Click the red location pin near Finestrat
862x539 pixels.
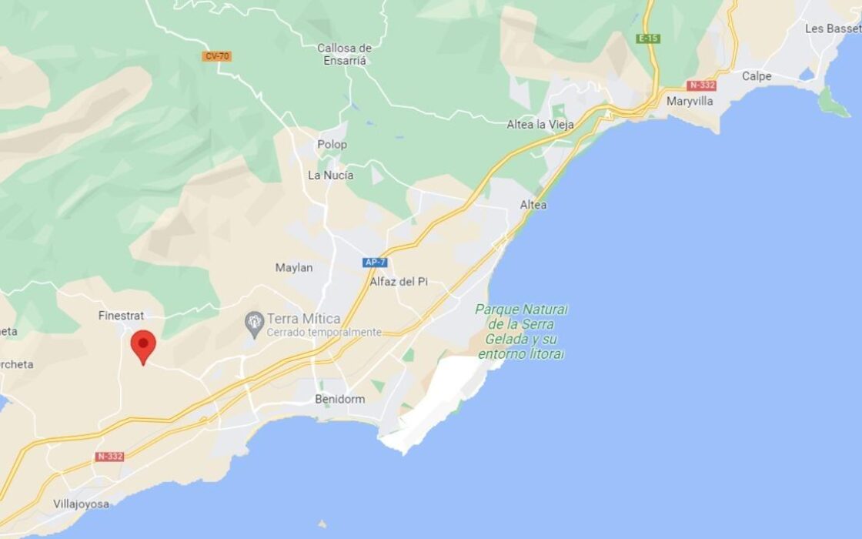point(143,346)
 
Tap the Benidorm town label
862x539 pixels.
point(339,399)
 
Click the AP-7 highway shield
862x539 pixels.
point(375,263)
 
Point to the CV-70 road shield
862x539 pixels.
point(217,56)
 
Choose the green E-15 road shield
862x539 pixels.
point(648,38)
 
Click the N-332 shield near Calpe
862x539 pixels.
point(701,85)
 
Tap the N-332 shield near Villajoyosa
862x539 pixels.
point(110,457)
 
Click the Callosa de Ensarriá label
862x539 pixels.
point(344,54)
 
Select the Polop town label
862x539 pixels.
point(332,144)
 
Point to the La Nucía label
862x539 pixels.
point(330,175)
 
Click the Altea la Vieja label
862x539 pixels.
point(540,125)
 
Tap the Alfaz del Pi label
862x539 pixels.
point(398,282)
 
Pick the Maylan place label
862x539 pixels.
point(294,268)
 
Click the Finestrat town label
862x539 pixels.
point(122,316)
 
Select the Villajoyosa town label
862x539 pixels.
point(81,504)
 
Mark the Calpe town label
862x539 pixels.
point(757,76)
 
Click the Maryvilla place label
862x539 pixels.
point(690,101)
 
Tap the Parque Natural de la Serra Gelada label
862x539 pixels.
point(521,331)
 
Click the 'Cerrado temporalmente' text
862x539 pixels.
point(324,333)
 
